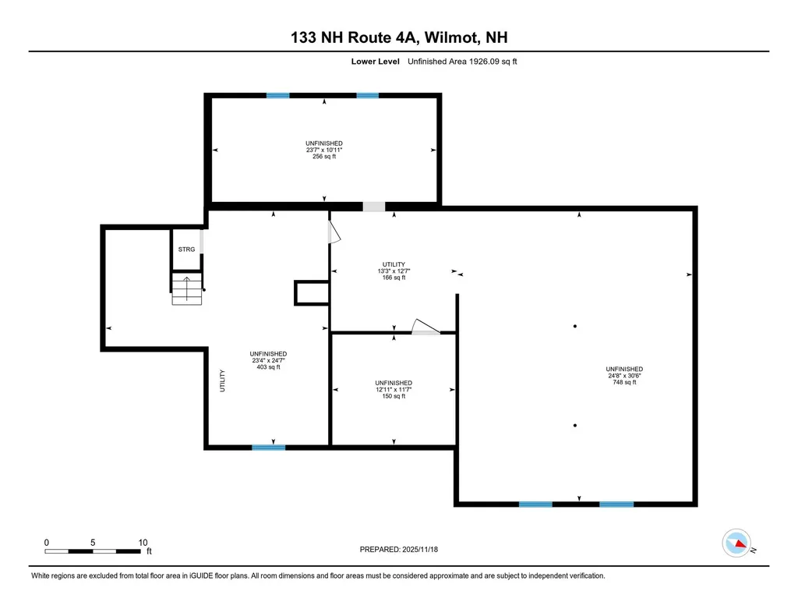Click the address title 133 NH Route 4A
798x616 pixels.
(399, 37)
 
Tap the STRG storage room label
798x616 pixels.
(186, 250)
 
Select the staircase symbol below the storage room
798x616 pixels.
(187, 289)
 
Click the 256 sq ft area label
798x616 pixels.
(323, 156)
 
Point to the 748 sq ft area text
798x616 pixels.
(624, 382)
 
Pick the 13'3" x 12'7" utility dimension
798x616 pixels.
(394, 271)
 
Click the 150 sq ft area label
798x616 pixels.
(394, 396)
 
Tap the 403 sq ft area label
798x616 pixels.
(268, 367)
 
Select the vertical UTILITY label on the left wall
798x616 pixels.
(222, 381)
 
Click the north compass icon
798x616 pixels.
(736, 543)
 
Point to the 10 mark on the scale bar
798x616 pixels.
(143, 542)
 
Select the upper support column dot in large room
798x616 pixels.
(575, 326)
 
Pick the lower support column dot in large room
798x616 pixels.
(575, 425)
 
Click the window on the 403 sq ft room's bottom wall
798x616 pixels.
(269, 448)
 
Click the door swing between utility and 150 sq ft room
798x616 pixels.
(425, 327)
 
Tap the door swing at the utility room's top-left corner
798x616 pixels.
(334, 231)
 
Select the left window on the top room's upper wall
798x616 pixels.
(277, 95)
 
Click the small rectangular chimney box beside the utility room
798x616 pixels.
(310, 293)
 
